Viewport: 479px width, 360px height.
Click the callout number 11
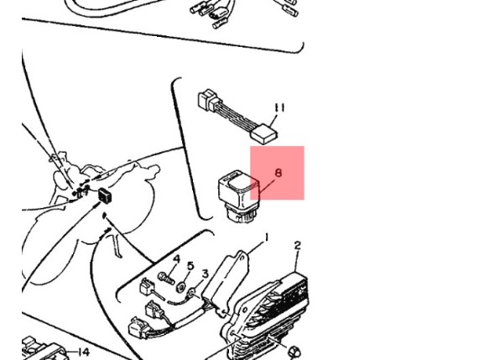[x=279, y=108]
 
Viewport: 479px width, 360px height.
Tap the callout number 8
[x=279, y=173]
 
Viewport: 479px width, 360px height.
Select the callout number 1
[x=267, y=237]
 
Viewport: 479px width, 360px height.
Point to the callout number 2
[x=298, y=245]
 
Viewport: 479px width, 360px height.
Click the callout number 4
[x=176, y=259]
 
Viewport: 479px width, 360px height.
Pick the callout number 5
[x=190, y=266]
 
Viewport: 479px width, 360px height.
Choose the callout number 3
[x=205, y=274]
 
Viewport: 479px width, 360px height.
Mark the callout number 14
[x=83, y=352]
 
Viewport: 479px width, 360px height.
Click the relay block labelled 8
[x=239, y=196]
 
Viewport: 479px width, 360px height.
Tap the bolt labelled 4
[x=166, y=278]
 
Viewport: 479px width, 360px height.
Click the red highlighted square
[x=278, y=173]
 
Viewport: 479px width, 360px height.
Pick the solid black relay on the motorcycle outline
[x=105, y=195]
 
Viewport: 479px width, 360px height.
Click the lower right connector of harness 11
[x=264, y=134]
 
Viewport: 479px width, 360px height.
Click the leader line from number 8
[x=267, y=185]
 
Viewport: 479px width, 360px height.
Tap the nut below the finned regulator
[x=294, y=352]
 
